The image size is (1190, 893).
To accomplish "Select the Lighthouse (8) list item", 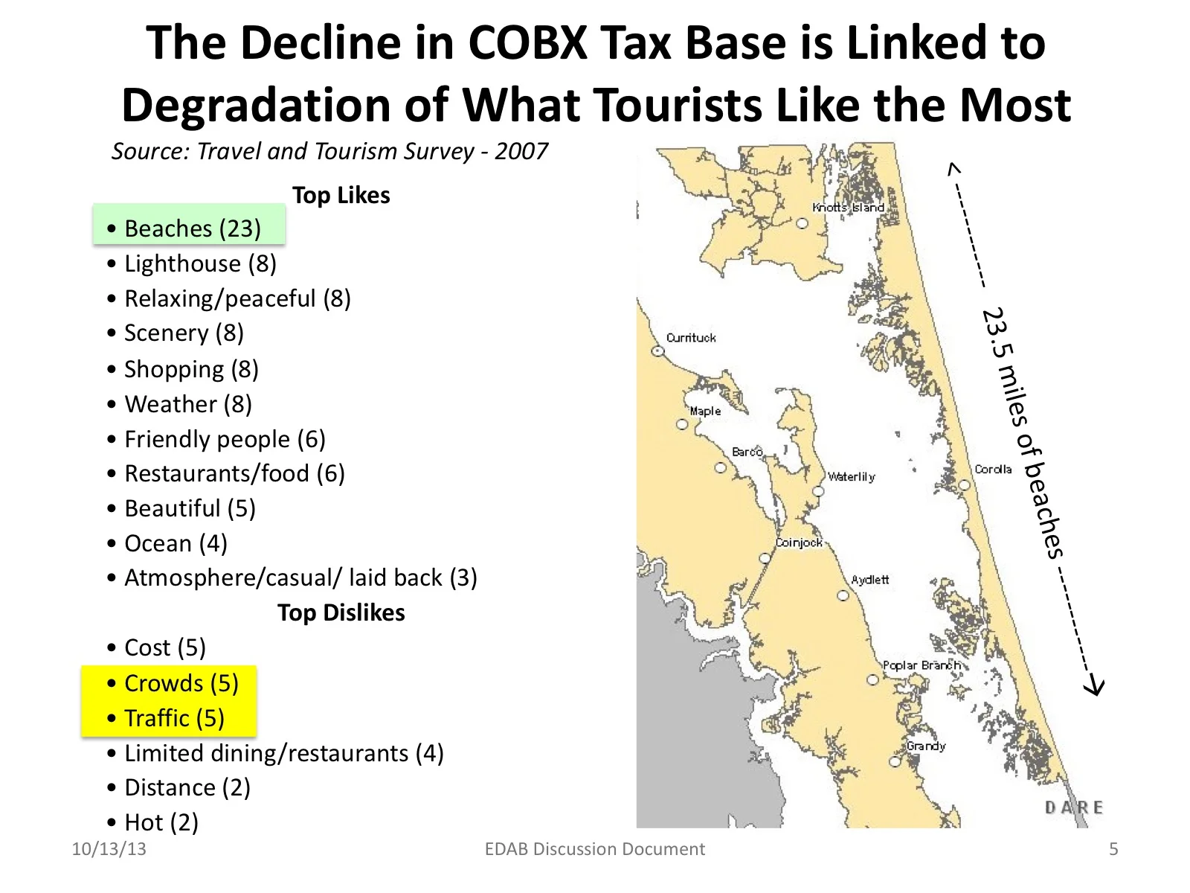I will pos(200,263).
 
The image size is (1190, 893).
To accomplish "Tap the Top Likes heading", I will pos(341,195).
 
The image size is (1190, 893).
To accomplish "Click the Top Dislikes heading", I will pos(341,612).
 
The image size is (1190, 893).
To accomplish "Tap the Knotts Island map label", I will pos(848,208).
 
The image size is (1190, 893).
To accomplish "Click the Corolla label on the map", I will pos(993,470).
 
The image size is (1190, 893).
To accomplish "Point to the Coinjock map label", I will pos(799,542).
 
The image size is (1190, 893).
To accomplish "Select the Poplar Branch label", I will pos(922,665).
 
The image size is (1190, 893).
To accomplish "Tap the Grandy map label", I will pos(926,746).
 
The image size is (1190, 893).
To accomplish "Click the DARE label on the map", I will pos(1074,807).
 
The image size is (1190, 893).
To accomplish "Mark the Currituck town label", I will pos(691,338).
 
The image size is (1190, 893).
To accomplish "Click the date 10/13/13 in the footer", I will pos(109,849).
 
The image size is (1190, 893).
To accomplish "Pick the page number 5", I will pos(1113,849).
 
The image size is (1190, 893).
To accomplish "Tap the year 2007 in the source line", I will pos(521,151).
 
